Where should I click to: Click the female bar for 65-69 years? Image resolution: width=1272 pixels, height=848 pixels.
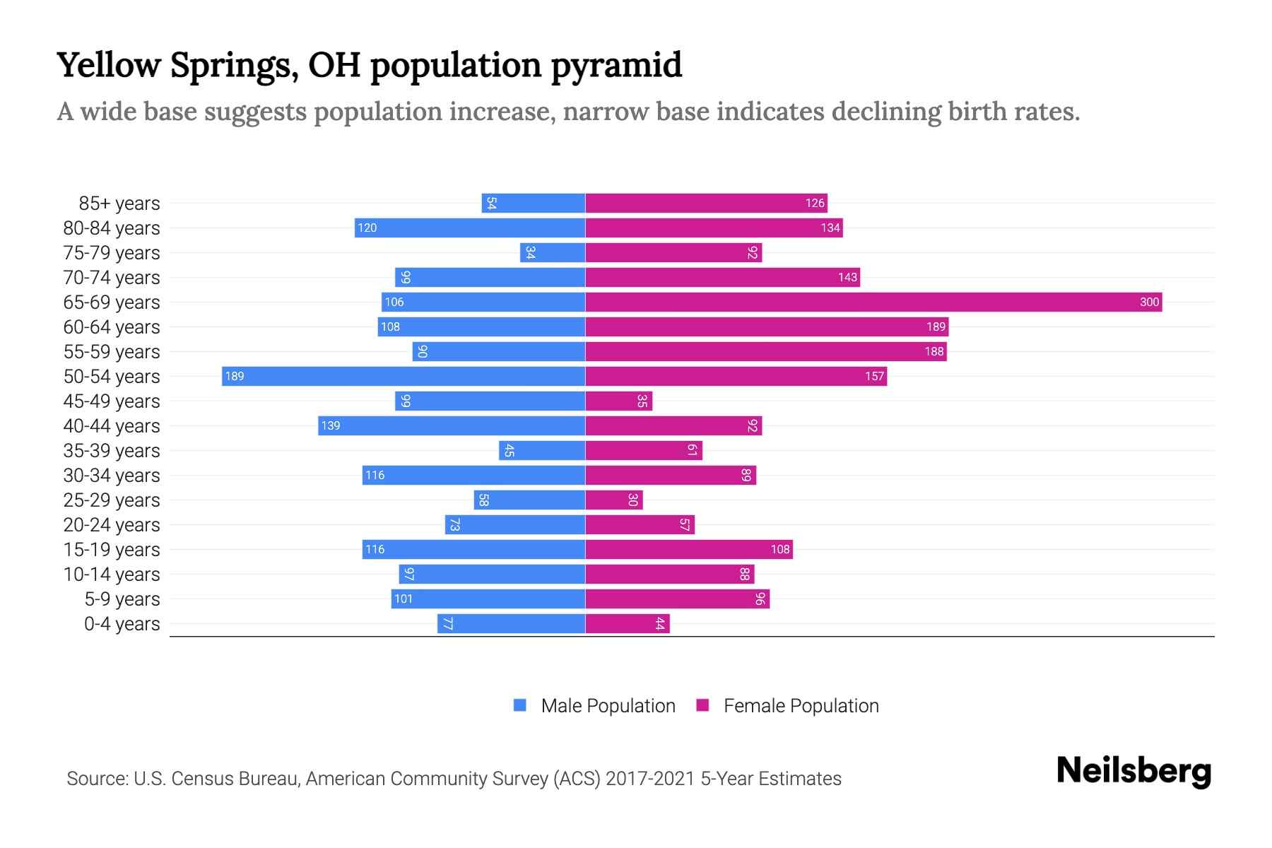(x=873, y=302)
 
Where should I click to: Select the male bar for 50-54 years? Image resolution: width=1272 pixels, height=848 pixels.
(x=404, y=377)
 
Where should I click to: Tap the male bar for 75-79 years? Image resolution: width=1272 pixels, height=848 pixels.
(x=553, y=253)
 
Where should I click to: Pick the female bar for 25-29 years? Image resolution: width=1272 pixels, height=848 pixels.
(x=614, y=500)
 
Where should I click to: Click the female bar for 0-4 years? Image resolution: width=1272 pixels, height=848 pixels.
(x=628, y=624)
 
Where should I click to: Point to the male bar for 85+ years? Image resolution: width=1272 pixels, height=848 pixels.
(x=534, y=204)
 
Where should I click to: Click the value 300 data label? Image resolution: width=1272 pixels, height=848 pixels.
(x=1149, y=302)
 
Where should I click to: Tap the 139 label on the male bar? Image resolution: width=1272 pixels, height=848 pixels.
(x=331, y=426)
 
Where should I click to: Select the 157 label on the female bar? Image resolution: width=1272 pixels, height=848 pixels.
(x=874, y=377)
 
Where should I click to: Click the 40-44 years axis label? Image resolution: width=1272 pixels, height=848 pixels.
(x=112, y=426)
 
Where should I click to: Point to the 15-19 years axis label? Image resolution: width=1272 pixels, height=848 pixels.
(x=112, y=550)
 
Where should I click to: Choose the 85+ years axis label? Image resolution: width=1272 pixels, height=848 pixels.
(x=119, y=204)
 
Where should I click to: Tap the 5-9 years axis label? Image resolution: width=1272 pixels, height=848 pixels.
(x=122, y=599)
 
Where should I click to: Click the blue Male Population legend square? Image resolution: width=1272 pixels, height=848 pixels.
(x=520, y=705)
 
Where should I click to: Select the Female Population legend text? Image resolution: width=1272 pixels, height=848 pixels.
(x=801, y=706)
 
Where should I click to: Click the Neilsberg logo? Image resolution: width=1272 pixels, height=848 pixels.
(x=1133, y=771)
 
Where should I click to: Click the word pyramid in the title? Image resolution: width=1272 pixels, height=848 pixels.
(x=616, y=66)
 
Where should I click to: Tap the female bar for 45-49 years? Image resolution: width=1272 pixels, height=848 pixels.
(x=619, y=401)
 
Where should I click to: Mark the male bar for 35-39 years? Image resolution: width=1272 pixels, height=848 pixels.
(x=542, y=451)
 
